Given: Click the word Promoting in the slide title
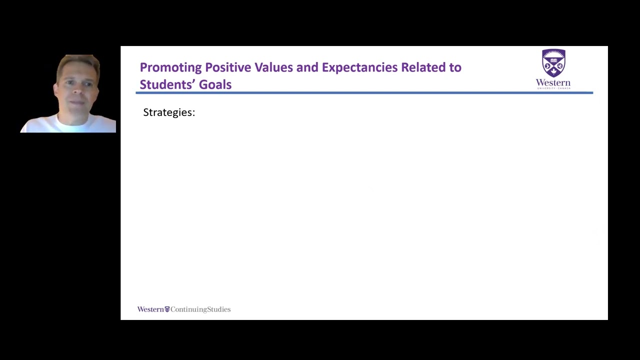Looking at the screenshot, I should pyautogui.click(x=170, y=67).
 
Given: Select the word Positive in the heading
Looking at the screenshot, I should pyautogui.click(x=228, y=67).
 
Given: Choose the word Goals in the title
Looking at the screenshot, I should pyautogui.click(x=215, y=84).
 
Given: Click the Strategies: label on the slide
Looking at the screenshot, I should pyautogui.click(x=169, y=112).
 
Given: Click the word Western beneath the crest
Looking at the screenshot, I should pyautogui.click(x=553, y=82).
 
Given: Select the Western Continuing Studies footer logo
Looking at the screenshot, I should pyautogui.click(x=184, y=309).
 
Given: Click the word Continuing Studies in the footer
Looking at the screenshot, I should pyautogui.click(x=200, y=309).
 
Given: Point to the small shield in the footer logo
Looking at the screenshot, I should pyautogui.click(x=167, y=309).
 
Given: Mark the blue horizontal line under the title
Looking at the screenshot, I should pyautogui.click(x=364, y=93).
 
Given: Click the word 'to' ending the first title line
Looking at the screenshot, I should pyautogui.click(x=455, y=67).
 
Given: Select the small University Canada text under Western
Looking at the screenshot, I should pyautogui.click(x=553, y=88).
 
